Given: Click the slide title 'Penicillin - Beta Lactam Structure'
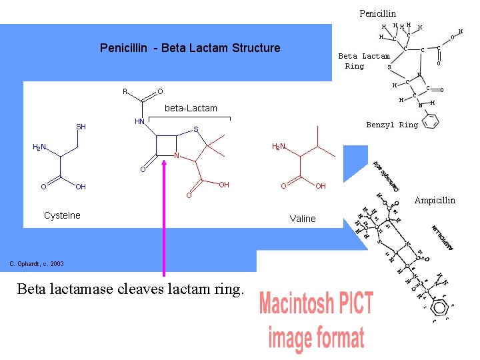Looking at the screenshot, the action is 189,48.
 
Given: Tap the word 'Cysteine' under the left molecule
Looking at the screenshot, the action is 62,215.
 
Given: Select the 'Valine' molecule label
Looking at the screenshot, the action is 303,219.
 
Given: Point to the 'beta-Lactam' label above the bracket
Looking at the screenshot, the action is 191,108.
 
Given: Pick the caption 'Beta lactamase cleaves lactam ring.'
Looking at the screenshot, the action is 131,289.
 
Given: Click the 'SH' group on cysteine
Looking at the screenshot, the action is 81,127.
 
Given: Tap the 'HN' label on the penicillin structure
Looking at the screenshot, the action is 140,121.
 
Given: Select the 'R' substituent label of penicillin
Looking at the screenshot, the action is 125,91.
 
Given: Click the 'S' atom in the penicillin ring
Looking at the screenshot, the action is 195,129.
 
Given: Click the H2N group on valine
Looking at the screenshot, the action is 278,147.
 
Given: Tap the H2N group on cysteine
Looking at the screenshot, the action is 39,147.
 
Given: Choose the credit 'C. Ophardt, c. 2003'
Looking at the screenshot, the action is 37,264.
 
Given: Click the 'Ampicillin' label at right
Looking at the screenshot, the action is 435,200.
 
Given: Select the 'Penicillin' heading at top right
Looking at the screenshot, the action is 377,13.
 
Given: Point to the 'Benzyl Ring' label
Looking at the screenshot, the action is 392,125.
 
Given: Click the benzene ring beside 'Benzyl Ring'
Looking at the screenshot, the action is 431,122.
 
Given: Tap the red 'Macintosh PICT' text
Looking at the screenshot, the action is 316,304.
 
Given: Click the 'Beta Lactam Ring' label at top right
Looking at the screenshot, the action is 363,61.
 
